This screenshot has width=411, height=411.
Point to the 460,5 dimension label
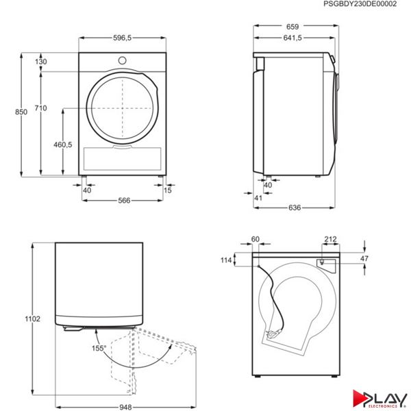62,145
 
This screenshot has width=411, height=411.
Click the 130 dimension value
41,62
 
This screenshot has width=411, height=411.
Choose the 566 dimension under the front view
124,201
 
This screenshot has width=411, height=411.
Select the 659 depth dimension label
292,27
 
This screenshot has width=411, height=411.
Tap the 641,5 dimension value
292,39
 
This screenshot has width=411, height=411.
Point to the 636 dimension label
294,207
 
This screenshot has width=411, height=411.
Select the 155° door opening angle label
99,349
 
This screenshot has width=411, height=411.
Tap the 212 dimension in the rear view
330,239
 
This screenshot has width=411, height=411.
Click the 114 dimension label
242,260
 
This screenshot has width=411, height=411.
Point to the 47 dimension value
364,259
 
